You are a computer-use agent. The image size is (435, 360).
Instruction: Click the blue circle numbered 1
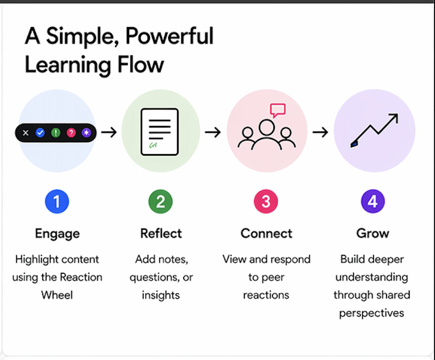(x=57, y=202)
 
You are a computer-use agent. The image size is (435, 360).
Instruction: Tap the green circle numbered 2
(x=161, y=202)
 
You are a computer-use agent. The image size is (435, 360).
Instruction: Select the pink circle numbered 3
(x=266, y=202)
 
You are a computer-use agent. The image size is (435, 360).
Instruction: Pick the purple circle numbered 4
(x=373, y=202)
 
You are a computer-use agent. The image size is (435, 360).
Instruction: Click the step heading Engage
(x=57, y=233)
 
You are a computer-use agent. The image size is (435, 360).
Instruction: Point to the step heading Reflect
(x=161, y=233)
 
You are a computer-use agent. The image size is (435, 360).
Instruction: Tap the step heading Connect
(x=266, y=233)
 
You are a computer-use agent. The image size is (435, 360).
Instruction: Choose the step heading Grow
(x=373, y=233)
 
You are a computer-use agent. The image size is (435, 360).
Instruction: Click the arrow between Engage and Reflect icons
(x=109, y=133)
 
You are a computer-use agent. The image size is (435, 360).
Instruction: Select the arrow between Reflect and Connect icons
(x=213, y=133)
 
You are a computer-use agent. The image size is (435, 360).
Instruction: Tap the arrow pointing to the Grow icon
(x=320, y=133)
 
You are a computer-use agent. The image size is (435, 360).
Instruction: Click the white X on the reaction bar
(x=26, y=133)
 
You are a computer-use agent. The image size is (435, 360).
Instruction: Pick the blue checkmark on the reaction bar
(x=40, y=133)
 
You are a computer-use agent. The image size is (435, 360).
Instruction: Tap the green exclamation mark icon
(x=55, y=133)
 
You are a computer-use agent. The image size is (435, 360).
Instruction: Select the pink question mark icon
(x=71, y=133)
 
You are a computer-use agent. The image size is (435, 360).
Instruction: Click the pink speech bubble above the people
(x=278, y=110)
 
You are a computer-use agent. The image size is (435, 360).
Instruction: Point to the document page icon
(x=160, y=132)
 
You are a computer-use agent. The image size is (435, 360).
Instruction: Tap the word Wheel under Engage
(x=57, y=295)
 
